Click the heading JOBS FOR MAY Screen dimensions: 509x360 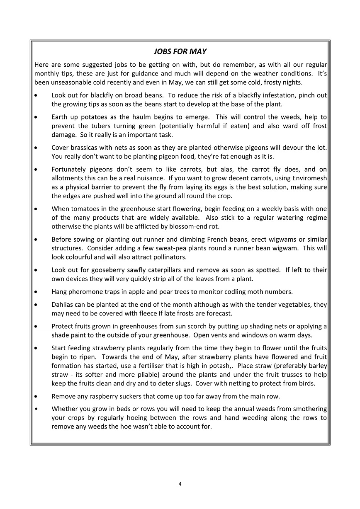tap(180, 52)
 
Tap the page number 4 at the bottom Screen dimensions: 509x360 tap(180, 484)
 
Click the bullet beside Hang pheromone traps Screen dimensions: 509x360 tap(36, 292)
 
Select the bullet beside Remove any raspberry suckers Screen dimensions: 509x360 tap(36, 397)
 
